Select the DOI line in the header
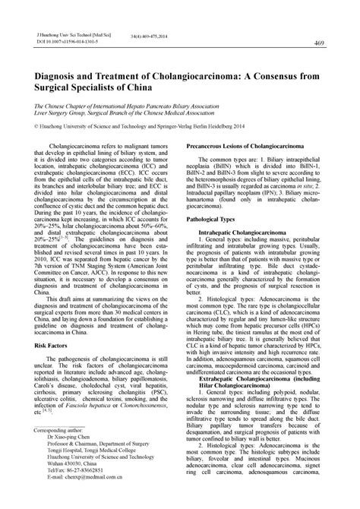(x=62, y=42)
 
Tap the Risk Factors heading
(x=49, y=344)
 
